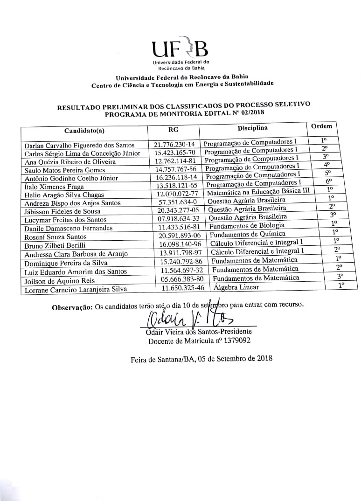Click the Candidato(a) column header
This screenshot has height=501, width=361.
(84, 130)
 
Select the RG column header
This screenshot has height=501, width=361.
(173, 129)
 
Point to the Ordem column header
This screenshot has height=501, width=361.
(321, 126)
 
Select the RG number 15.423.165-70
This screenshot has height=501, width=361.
(174, 153)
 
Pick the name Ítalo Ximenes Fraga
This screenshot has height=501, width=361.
(54, 186)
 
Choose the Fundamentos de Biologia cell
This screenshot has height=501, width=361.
(247, 225)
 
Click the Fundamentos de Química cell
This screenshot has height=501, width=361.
(248, 234)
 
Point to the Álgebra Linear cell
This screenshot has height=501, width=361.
(236, 287)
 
